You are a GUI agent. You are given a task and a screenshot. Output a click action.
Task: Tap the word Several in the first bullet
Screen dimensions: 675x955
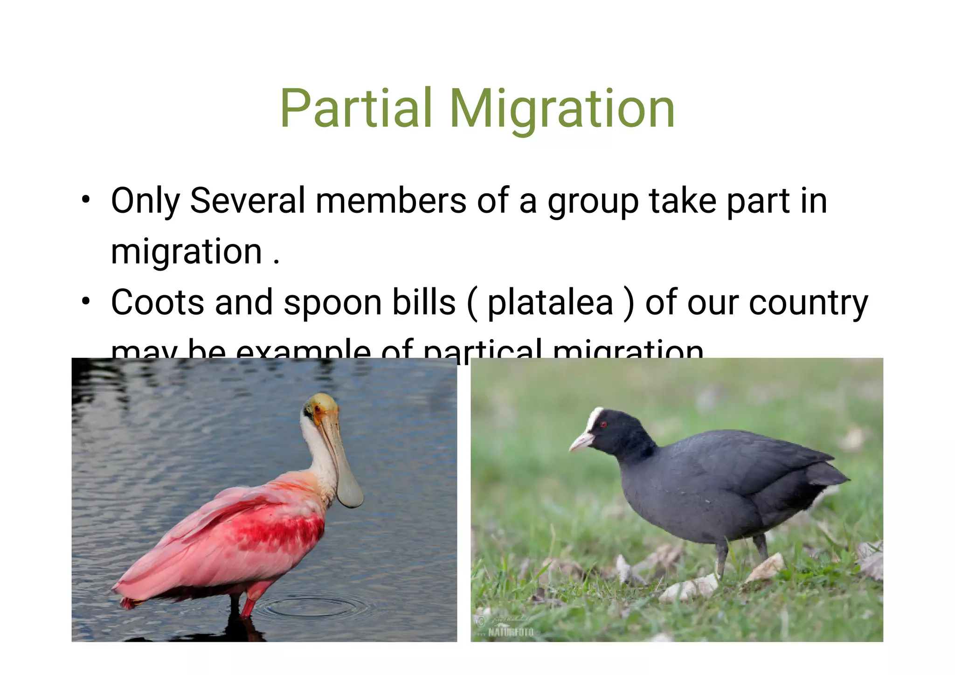[247, 201]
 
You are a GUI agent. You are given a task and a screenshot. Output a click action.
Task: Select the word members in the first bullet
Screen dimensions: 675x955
[391, 201]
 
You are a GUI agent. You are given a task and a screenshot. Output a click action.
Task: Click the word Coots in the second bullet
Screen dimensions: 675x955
[158, 303]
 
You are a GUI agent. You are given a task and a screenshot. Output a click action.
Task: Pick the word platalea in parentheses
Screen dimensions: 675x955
[550, 304]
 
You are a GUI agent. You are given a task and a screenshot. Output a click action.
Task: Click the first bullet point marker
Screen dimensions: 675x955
[85, 200]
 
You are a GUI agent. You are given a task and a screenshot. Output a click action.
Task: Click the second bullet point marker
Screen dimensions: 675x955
[85, 301]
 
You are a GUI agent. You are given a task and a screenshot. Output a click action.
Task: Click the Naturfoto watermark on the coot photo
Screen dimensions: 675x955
[510, 633]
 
